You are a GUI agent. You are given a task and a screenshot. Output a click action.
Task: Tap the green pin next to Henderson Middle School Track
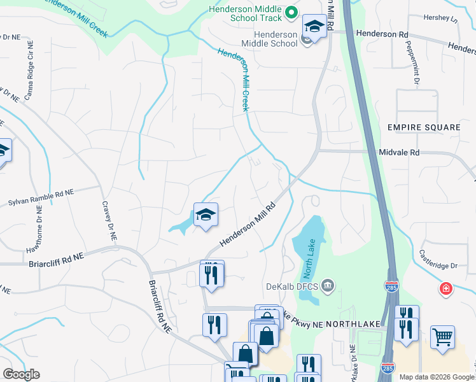coord(291,12)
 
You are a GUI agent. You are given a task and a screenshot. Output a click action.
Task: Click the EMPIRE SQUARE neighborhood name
coord(423,127)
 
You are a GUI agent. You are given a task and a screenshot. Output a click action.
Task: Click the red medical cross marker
coord(447,289)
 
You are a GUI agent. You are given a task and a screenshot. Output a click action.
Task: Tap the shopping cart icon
coord(442,336)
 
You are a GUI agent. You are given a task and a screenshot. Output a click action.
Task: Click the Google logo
coord(21,374)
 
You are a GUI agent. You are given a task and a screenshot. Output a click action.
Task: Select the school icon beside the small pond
coord(206,216)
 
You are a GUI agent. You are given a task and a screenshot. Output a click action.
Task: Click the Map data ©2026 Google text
coord(436,377)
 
